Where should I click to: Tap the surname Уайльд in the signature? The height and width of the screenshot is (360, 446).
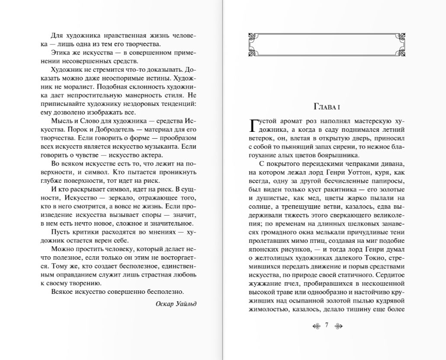click(x=186, y=303)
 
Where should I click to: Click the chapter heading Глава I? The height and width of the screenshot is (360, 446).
click(x=327, y=107)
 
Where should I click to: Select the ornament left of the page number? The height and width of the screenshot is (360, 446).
click(x=317, y=325)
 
